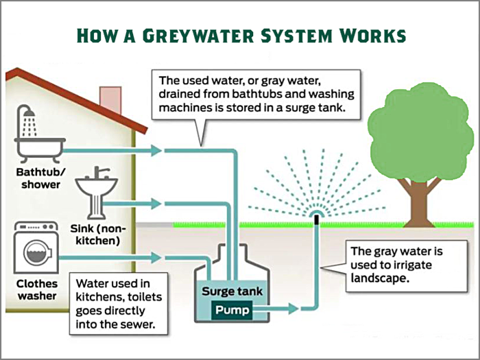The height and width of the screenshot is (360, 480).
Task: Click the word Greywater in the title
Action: [198, 36]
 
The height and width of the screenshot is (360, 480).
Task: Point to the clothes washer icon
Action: [36, 248]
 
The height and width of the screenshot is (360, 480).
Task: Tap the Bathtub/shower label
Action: [40, 178]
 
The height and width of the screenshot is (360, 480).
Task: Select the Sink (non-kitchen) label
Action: [97, 235]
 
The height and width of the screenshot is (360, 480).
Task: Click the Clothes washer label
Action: [37, 289]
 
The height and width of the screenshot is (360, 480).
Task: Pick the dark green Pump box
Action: [232, 310]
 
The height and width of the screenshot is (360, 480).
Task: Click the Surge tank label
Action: [232, 291]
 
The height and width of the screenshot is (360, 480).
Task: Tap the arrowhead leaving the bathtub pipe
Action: [156, 150]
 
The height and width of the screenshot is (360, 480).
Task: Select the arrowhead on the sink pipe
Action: [156, 204]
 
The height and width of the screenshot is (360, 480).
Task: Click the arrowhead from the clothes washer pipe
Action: [156, 257]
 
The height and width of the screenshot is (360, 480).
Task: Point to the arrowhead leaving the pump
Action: [293, 309]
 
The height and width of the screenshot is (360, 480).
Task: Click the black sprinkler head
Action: [317, 219]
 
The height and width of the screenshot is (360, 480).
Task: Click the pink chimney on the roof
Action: [111, 99]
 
